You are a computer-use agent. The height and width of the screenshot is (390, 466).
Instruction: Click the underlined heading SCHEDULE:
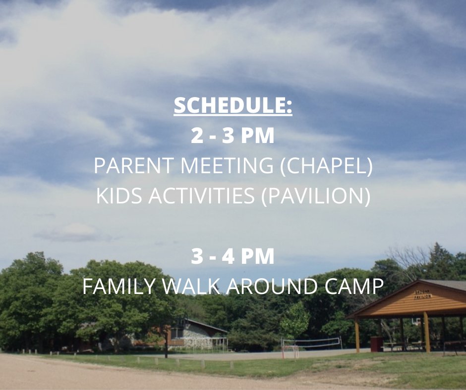pyautogui.click(x=233, y=106)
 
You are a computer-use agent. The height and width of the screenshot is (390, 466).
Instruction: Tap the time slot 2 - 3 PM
pyautogui.click(x=233, y=137)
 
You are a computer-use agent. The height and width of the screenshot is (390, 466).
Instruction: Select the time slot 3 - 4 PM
pyautogui.click(x=233, y=256)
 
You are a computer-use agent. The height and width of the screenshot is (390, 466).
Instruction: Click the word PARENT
pyautogui.click(x=133, y=167)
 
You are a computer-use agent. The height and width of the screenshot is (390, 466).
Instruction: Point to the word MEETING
pyautogui.click(x=227, y=167)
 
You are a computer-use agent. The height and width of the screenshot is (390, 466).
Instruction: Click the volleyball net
pyautogui.click(x=311, y=341)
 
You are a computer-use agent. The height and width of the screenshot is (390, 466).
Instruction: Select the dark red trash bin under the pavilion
pyautogui.click(x=377, y=343)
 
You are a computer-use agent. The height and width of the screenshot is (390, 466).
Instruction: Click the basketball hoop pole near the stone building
pyautogui.click(x=166, y=341)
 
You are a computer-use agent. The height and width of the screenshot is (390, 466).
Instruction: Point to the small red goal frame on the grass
pyautogui.click(x=291, y=350)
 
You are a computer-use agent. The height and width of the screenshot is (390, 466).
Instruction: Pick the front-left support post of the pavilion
pyautogui.click(x=357, y=337)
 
